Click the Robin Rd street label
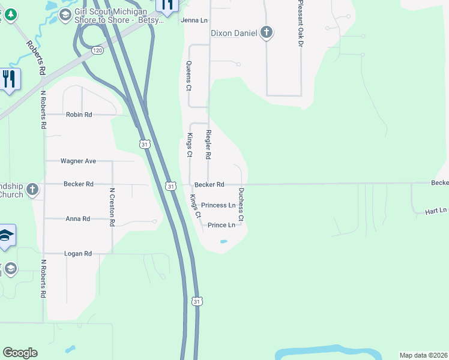(x=79, y=114)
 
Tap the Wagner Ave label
(x=78, y=161)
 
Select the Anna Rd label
(x=77, y=219)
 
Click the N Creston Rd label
(x=112, y=207)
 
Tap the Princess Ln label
(x=218, y=205)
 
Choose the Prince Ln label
(x=221, y=225)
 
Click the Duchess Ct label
(x=241, y=205)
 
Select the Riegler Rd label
(x=208, y=144)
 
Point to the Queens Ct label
(x=188, y=76)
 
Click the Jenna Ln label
(x=194, y=20)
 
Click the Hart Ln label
(x=436, y=211)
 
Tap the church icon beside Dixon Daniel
(x=267, y=33)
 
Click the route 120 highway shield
(x=98, y=51)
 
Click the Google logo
(x=20, y=353)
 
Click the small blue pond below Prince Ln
(x=224, y=241)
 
